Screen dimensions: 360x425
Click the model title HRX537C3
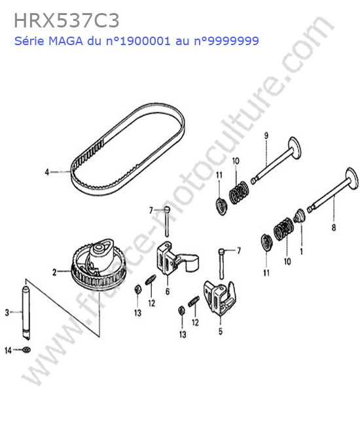click(x=67, y=21)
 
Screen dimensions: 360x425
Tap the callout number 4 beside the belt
click(x=47, y=172)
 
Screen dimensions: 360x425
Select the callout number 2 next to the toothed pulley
click(x=54, y=272)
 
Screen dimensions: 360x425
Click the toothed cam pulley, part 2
click(x=98, y=265)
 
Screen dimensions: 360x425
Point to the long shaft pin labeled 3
click(x=26, y=310)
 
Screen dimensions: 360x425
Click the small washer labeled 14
click(x=27, y=350)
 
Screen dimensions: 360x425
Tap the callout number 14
click(x=8, y=350)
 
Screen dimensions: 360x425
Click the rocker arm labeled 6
click(x=176, y=258)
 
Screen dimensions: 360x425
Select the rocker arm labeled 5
click(x=219, y=297)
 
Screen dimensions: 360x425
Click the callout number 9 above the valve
click(x=266, y=135)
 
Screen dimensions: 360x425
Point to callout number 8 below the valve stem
click(x=334, y=227)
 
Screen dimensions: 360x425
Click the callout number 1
click(x=301, y=252)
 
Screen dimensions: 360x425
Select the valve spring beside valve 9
click(x=239, y=192)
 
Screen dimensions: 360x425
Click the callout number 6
click(x=168, y=292)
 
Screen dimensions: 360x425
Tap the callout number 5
click(x=221, y=331)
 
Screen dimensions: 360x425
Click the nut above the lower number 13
click(x=181, y=309)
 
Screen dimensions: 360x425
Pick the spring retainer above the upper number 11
click(x=222, y=207)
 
